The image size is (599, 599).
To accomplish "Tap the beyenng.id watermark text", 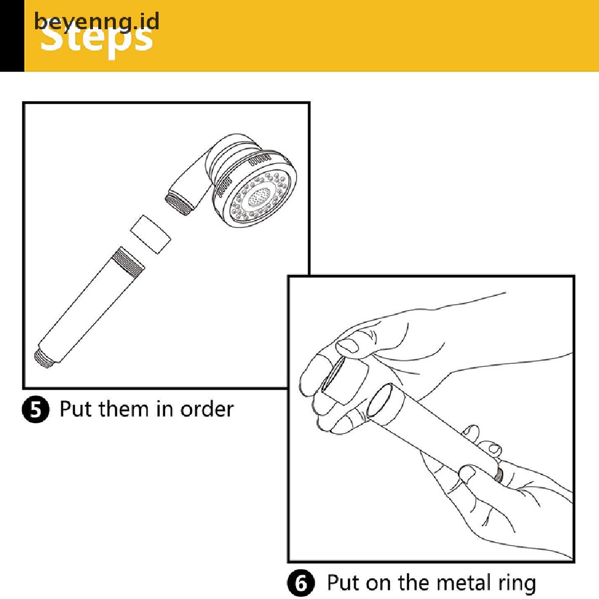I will pos(97,21).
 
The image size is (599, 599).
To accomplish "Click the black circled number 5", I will pos(37,409).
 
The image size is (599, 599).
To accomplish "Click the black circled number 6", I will pos(302,583).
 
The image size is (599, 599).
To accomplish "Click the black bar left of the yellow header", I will pos(12,35).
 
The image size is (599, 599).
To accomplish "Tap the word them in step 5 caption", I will pos(122,408).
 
